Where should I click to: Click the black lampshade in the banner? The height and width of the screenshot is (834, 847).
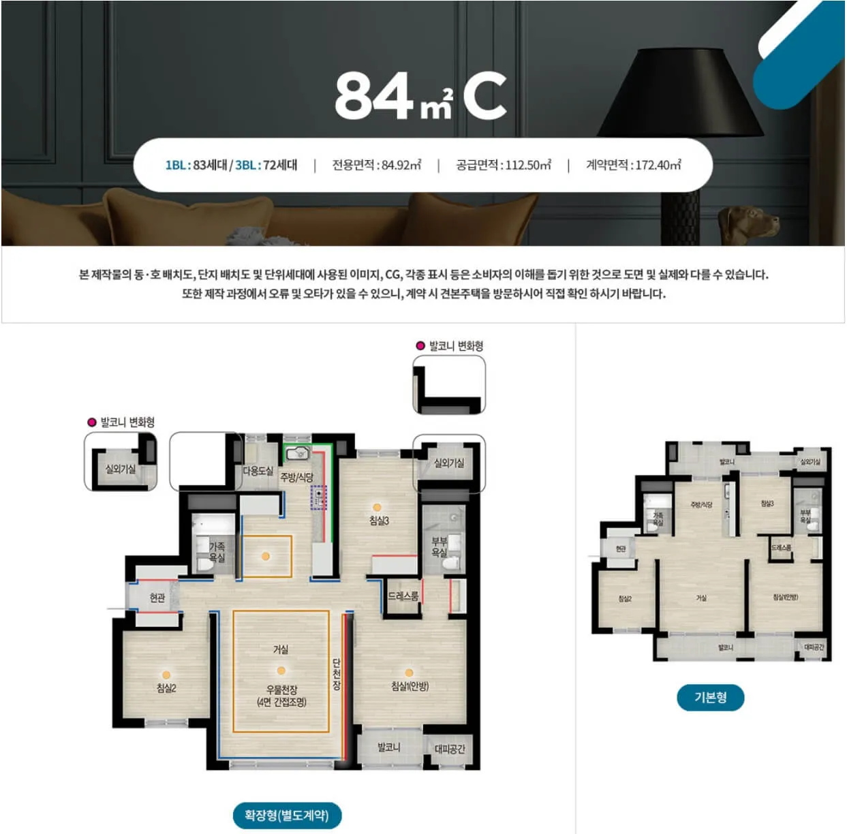[681, 95]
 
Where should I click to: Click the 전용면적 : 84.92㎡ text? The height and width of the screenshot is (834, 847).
[376, 165]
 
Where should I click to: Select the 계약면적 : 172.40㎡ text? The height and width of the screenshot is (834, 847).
[633, 165]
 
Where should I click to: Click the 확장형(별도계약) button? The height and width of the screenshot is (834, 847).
[286, 815]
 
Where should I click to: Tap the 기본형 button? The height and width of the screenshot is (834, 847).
[710, 697]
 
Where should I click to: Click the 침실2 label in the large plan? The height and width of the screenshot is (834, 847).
[166, 688]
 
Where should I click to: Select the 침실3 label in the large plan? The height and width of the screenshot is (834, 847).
[379, 521]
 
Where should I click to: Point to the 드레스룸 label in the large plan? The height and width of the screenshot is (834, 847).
[403, 596]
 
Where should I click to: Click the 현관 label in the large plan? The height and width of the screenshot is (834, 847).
[157, 598]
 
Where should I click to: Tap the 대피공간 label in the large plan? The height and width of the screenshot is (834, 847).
[450, 749]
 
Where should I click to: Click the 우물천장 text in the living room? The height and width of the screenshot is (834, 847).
[281, 690]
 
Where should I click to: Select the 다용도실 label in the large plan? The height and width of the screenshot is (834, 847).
[258, 471]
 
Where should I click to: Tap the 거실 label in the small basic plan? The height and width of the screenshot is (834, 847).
[701, 598]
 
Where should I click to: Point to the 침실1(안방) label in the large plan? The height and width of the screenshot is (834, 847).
[410, 686]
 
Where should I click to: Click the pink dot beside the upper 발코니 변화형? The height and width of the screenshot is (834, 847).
[420, 345]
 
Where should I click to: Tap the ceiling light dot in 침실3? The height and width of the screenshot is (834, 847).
[377, 507]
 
